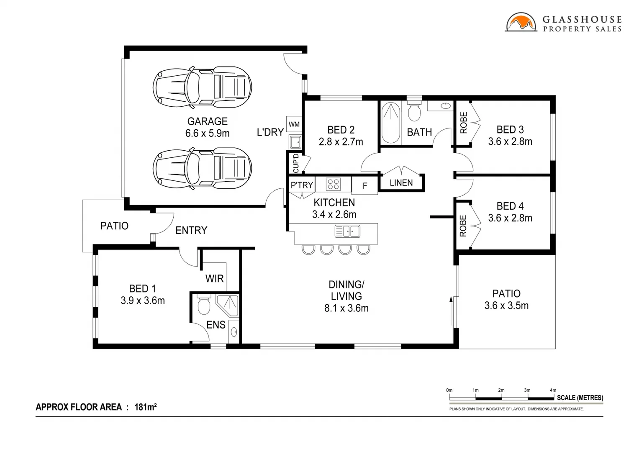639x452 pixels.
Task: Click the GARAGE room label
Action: pos(207,121)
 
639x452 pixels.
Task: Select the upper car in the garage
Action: pos(202,87)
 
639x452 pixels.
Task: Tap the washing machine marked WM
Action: pos(294,124)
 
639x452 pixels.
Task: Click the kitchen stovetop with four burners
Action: pos(333,184)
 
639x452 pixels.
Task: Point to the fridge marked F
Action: pos(364,186)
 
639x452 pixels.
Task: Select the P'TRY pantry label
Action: pos(302,185)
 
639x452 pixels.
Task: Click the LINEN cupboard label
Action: pos(401,183)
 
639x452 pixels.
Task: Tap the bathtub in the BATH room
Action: pos(391,123)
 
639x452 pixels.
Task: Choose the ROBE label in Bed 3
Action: pos(463,123)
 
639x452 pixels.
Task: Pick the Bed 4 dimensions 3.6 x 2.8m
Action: pos(510,218)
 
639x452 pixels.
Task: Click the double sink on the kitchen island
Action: pos(347,231)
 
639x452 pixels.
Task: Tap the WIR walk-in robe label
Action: pos(214,279)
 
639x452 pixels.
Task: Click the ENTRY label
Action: pos(191,230)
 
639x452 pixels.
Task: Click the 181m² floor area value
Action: pos(145,407)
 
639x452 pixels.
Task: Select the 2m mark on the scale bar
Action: pos(501,390)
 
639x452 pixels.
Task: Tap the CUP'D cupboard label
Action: pos(295,163)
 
